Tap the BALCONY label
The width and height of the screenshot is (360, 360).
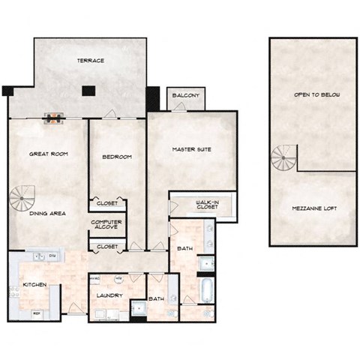[x=185, y=97]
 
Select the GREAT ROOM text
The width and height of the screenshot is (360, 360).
[x=49, y=154]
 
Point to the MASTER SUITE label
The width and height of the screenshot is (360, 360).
[x=192, y=149]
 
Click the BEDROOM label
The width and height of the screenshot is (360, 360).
[x=117, y=157]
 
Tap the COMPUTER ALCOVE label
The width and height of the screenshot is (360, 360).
[x=106, y=224]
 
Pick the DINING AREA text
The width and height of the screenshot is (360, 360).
[x=47, y=214]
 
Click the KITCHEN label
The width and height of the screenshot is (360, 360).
[x=36, y=285]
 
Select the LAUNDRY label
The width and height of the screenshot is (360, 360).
[x=109, y=296]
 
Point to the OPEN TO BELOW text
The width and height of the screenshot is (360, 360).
[x=312, y=95]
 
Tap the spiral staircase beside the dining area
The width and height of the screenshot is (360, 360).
[x=22, y=199]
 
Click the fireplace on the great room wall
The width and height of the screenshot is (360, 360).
[x=55, y=117]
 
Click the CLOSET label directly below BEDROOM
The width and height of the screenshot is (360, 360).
[x=107, y=202]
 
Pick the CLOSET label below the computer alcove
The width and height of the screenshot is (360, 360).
[x=107, y=246]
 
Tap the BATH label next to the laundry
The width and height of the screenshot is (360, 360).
[x=156, y=298]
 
